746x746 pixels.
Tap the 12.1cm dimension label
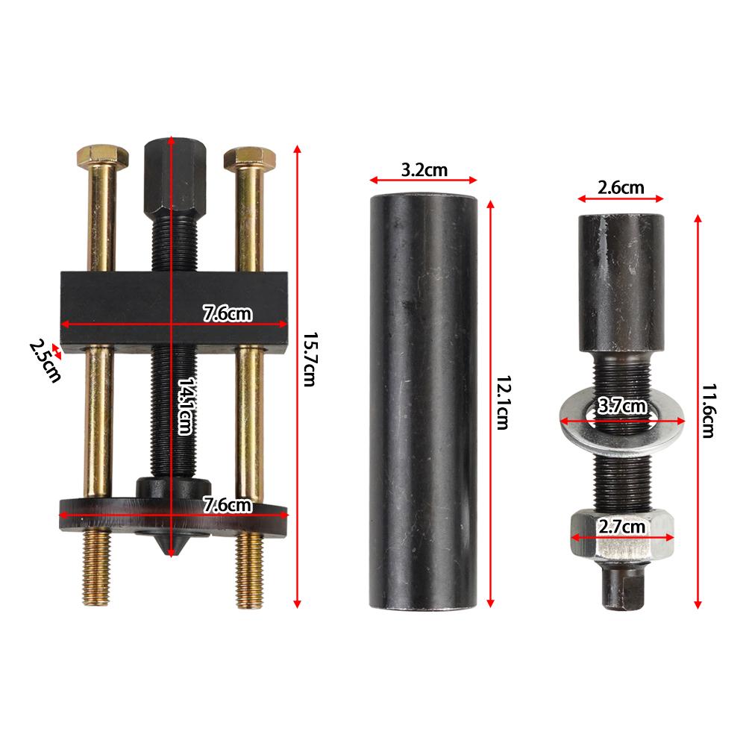(502, 402)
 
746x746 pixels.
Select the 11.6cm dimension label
(708, 410)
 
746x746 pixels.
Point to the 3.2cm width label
(424, 170)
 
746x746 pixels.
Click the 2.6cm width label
(621, 188)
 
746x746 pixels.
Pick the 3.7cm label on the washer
(621, 407)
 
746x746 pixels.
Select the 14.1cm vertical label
(184, 406)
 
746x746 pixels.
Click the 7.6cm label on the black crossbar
(228, 314)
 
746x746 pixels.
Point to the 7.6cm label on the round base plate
(228, 505)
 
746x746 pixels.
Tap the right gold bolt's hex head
(249, 157)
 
